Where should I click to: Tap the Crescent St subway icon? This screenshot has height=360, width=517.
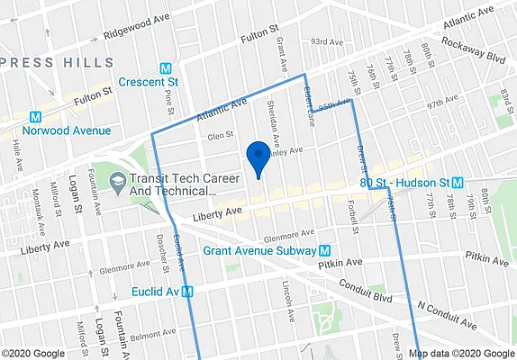pos(166,68)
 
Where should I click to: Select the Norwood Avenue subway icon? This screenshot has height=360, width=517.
pos(36,116)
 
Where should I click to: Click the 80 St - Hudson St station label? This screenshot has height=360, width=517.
pos(404,182)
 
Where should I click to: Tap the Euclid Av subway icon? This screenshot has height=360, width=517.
pos(188,291)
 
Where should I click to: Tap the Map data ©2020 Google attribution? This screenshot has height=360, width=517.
pos(458,353)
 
